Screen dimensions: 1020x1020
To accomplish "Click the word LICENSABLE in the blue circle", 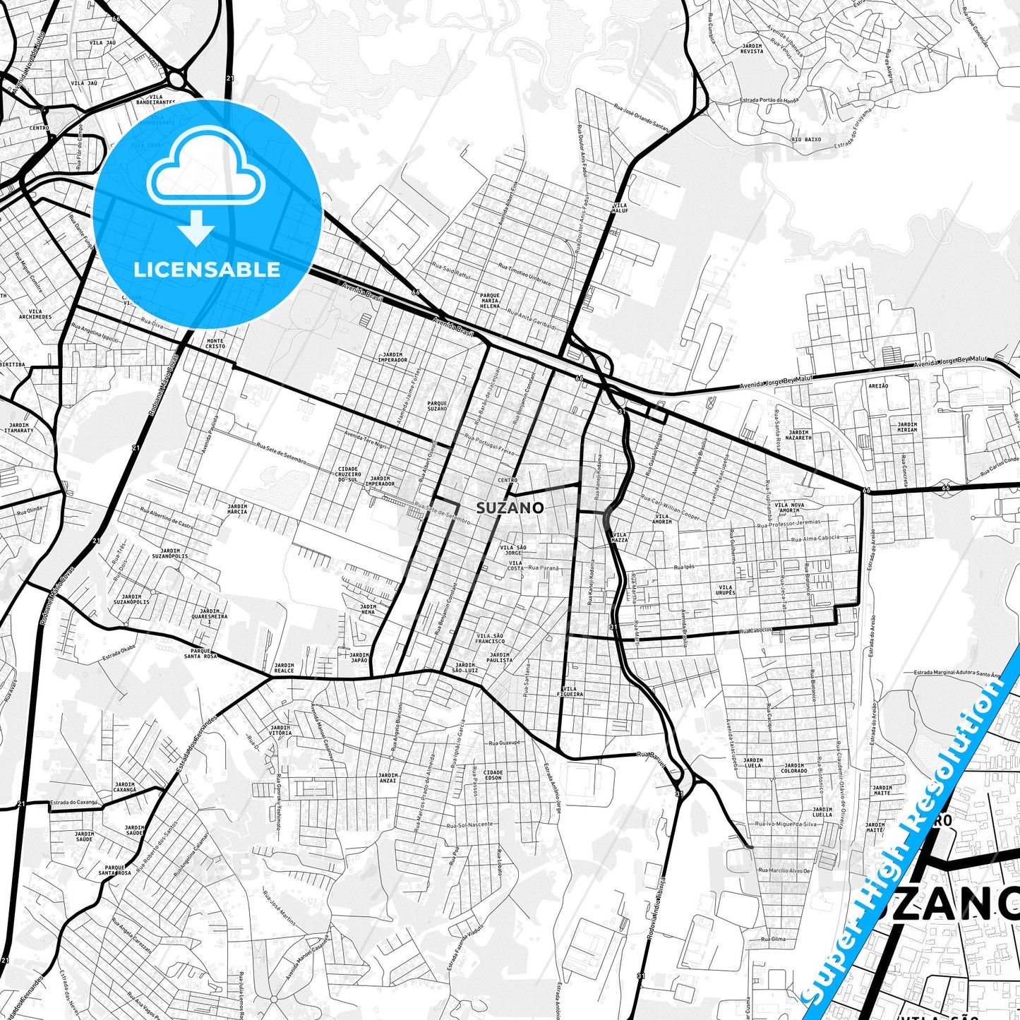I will tap(207, 270).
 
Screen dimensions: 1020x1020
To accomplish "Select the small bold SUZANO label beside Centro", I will tap(510, 508).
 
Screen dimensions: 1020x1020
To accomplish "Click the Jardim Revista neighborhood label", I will tap(752, 48).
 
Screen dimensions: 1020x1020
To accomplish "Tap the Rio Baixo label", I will tap(806, 139).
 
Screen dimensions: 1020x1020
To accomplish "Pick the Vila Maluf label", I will tap(619, 208).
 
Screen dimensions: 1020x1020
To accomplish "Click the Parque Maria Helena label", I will tap(490, 301).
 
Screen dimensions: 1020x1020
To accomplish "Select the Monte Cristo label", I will tap(215, 344).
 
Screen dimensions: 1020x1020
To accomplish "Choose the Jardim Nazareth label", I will tap(799, 435).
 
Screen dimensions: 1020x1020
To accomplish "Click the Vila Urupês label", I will tap(726, 590).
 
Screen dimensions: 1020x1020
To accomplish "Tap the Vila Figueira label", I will tap(572, 691).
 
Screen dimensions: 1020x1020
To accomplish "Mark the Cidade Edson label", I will tap(493, 775).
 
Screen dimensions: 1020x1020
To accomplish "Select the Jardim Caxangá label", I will tap(125, 787).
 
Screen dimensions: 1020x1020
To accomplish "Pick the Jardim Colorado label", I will tap(794, 768).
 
